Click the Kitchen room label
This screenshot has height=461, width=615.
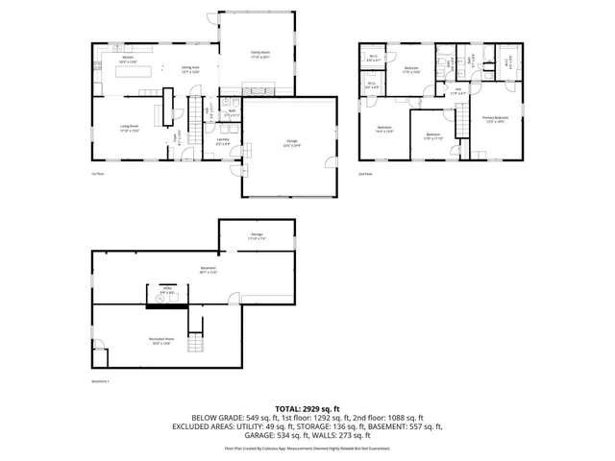[x=127, y=59]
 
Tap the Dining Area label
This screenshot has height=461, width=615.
[x=190, y=68]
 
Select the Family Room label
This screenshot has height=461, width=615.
[x=260, y=54]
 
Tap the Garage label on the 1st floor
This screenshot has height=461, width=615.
[x=290, y=144]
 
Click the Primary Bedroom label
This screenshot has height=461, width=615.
[x=495, y=119]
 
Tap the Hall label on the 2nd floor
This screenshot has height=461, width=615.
[x=458, y=91]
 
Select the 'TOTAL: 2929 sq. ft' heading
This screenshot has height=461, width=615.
[x=307, y=409]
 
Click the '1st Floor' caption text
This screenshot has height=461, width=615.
[x=96, y=173]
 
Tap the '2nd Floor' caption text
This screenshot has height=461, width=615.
[x=365, y=173]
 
